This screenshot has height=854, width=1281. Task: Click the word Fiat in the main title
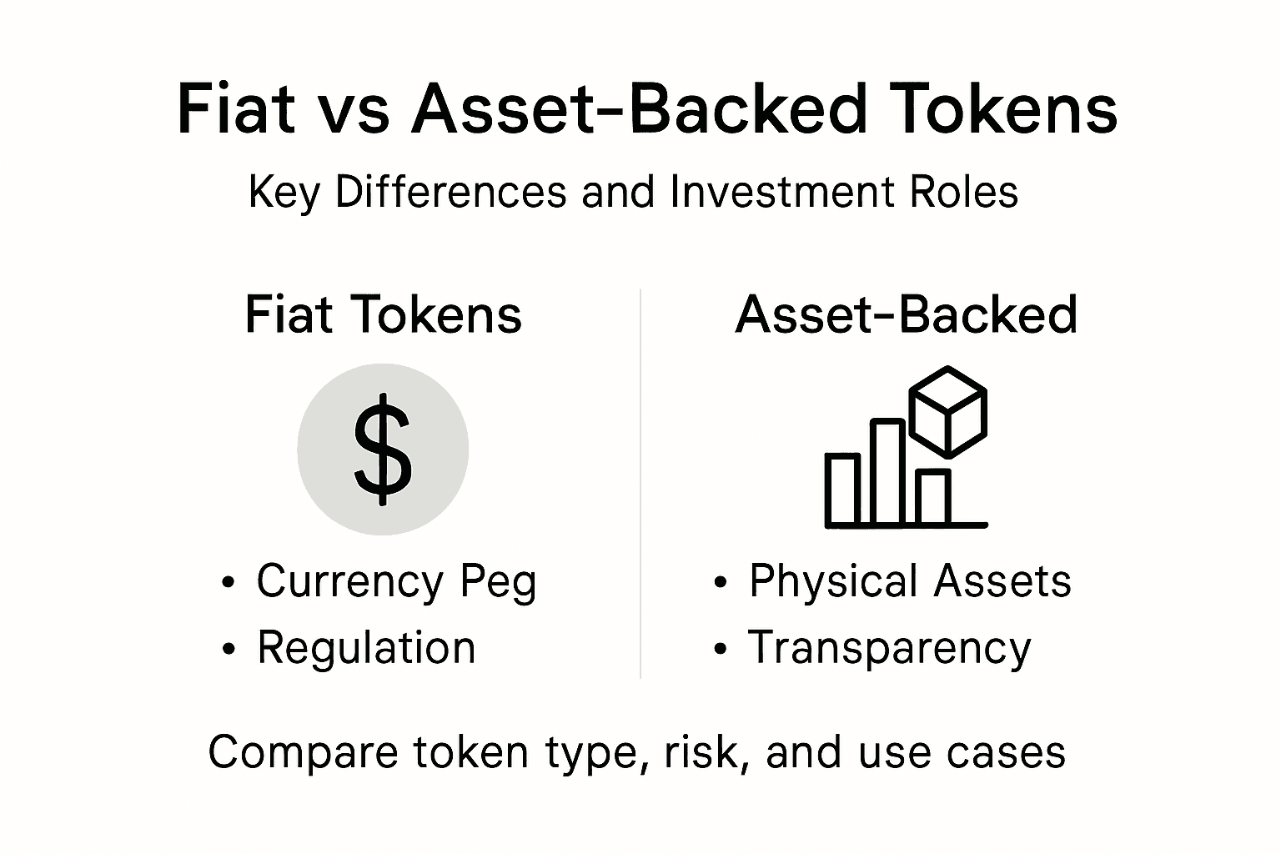(x=236, y=108)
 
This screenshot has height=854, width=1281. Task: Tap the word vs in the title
(x=354, y=110)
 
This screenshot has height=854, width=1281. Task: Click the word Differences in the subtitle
(x=451, y=192)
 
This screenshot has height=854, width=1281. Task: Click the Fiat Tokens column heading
(x=383, y=315)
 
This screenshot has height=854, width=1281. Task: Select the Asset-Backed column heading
(x=907, y=315)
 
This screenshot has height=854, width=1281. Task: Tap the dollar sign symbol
(x=383, y=450)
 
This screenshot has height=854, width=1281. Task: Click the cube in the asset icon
(x=947, y=411)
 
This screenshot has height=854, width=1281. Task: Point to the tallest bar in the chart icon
(x=887, y=471)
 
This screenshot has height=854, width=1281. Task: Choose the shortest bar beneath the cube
(x=933, y=497)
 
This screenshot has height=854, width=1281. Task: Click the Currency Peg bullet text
(x=396, y=581)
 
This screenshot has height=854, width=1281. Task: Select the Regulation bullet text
(x=366, y=648)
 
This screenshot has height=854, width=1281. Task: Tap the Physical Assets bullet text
(x=909, y=581)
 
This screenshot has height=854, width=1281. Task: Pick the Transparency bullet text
(x=889, y=648)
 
